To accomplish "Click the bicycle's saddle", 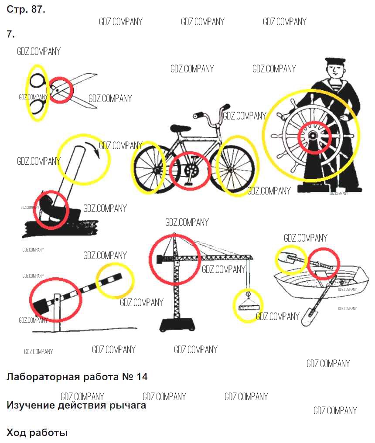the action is tap(180, 128).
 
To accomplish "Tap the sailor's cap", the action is tap(335, 61).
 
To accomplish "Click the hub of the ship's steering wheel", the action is tap(313, 136).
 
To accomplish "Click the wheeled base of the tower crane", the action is tap(177, 325).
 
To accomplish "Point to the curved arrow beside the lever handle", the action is tap(93, 150).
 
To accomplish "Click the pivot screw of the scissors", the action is tap(57, 90).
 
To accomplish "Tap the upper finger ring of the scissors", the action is tap(37, 81).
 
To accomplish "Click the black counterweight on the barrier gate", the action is tap(41, 305).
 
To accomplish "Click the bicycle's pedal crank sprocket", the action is tap(191, 170).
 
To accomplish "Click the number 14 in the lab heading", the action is tap(142, 377).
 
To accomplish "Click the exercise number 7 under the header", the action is tap(10, 34).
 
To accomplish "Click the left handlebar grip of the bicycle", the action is tap(198, 115).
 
